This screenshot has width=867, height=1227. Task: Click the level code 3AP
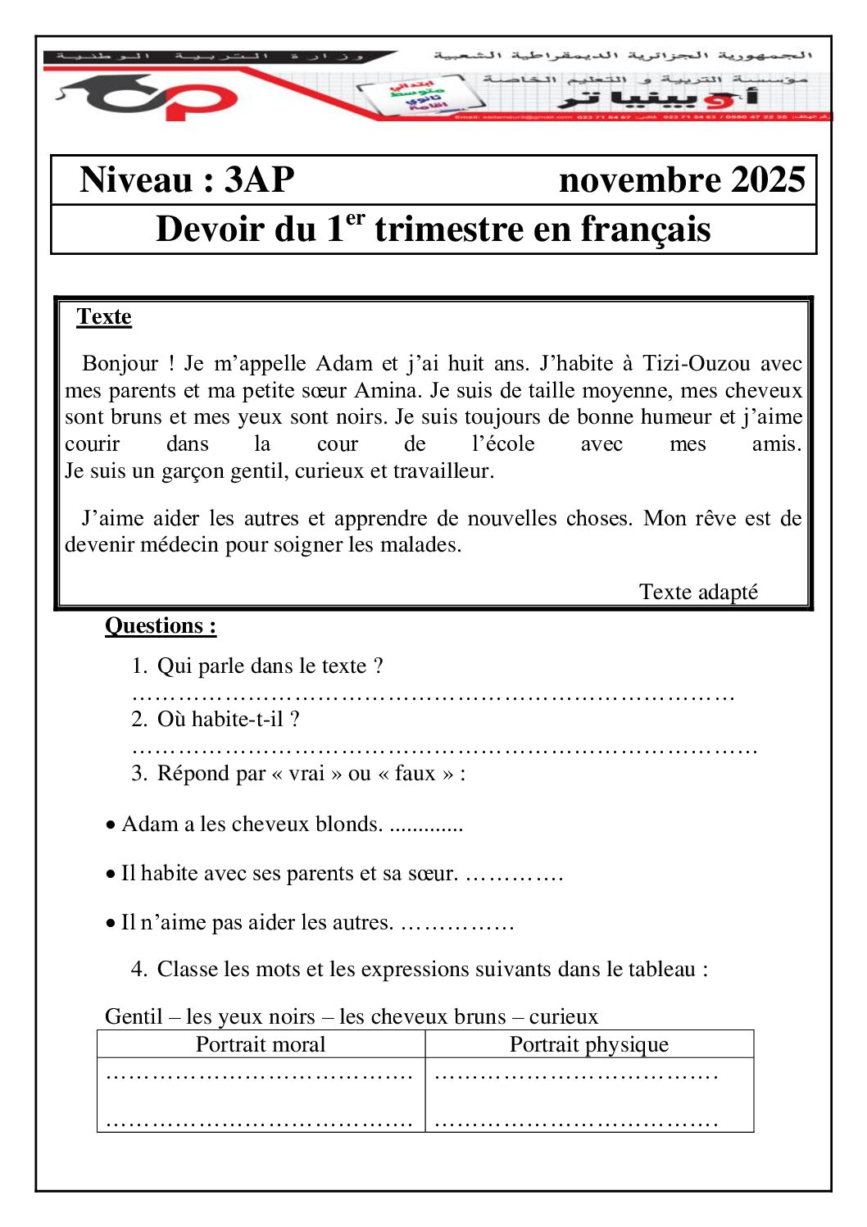click(259, 180)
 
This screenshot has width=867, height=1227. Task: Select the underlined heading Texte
click(104, 317)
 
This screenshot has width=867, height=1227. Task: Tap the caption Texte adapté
click(698, 592)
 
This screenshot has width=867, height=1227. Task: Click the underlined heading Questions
click(160, 626)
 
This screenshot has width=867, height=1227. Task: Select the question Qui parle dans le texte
click(270, 666)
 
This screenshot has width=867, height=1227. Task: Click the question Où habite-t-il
click(228, 720)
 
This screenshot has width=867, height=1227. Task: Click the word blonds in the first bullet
click(349, 825)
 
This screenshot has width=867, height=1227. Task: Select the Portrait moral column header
click(261, 1044)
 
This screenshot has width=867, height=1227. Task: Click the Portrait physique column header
click(589, 1044)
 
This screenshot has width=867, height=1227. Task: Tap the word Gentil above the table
click(134, 1017)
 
